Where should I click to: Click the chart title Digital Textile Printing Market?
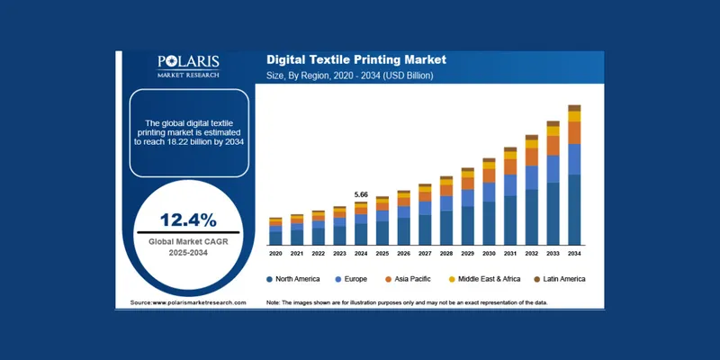(356, 60)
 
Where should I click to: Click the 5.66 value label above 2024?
(362, 194)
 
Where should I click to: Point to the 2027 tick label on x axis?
(425, 254)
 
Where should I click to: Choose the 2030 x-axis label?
(489, 254)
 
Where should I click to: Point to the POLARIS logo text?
(189, 61)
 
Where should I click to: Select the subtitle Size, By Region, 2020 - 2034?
(350, 76)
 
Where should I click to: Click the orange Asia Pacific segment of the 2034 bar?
(574, 132)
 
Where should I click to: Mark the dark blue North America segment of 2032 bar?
(532, 216)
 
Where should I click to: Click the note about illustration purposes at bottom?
(408, 302)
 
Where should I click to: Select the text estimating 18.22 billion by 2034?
(189, 134)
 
